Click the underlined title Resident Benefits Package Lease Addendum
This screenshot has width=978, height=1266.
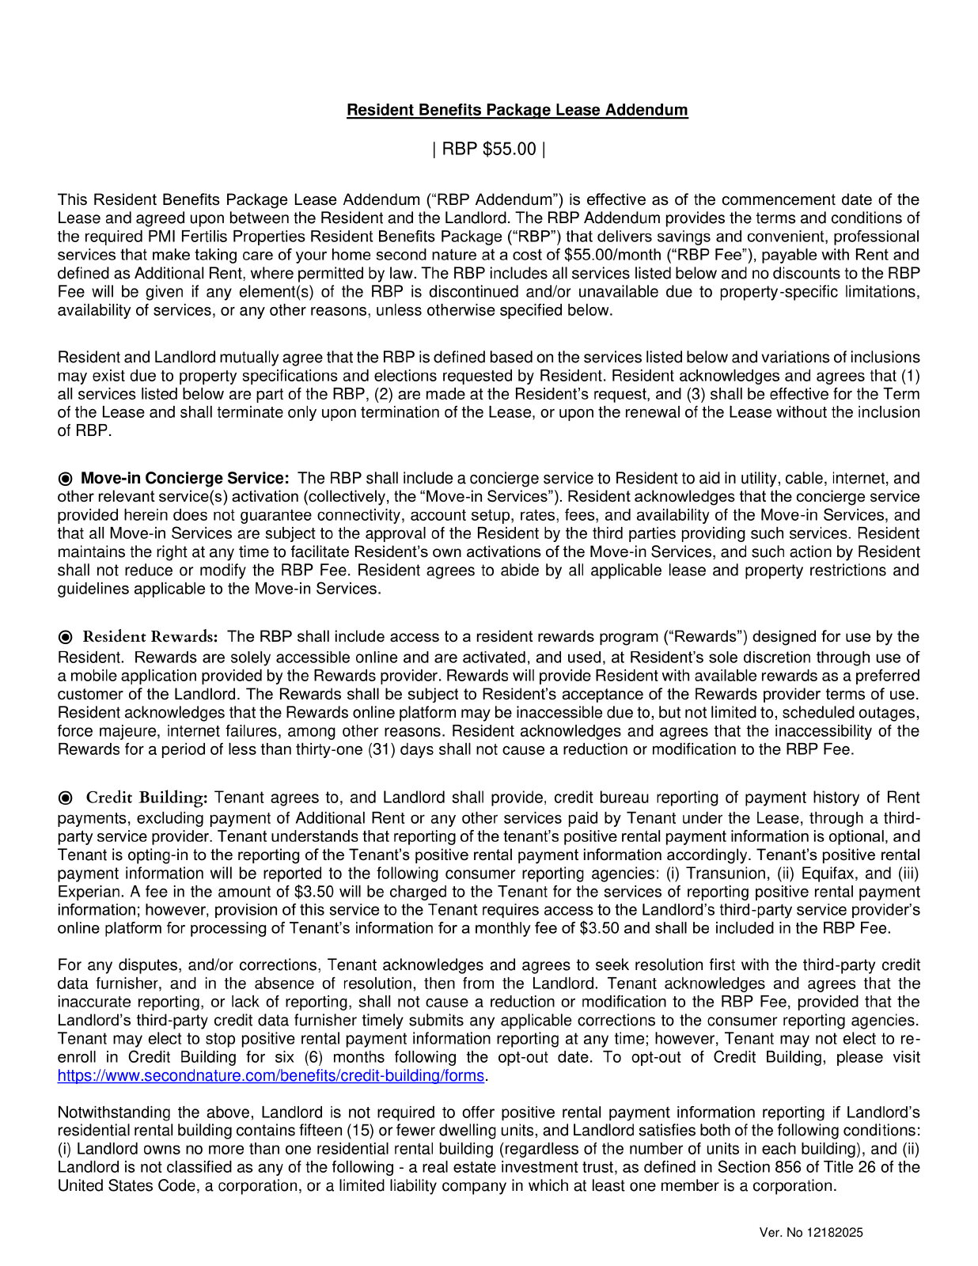coord(517,110)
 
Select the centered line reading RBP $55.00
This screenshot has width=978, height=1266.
coord(488,149)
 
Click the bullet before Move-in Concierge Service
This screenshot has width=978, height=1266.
coord(66,479)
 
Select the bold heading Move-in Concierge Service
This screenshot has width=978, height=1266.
coord(185,478)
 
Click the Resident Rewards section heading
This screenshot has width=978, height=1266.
coord(150,637)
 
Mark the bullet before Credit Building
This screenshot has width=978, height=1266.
coord(66,798)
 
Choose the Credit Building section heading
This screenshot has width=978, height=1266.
coord(146,797)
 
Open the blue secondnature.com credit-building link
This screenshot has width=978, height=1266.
coord(271,1075)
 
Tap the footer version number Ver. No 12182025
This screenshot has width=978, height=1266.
coord(810,1232)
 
